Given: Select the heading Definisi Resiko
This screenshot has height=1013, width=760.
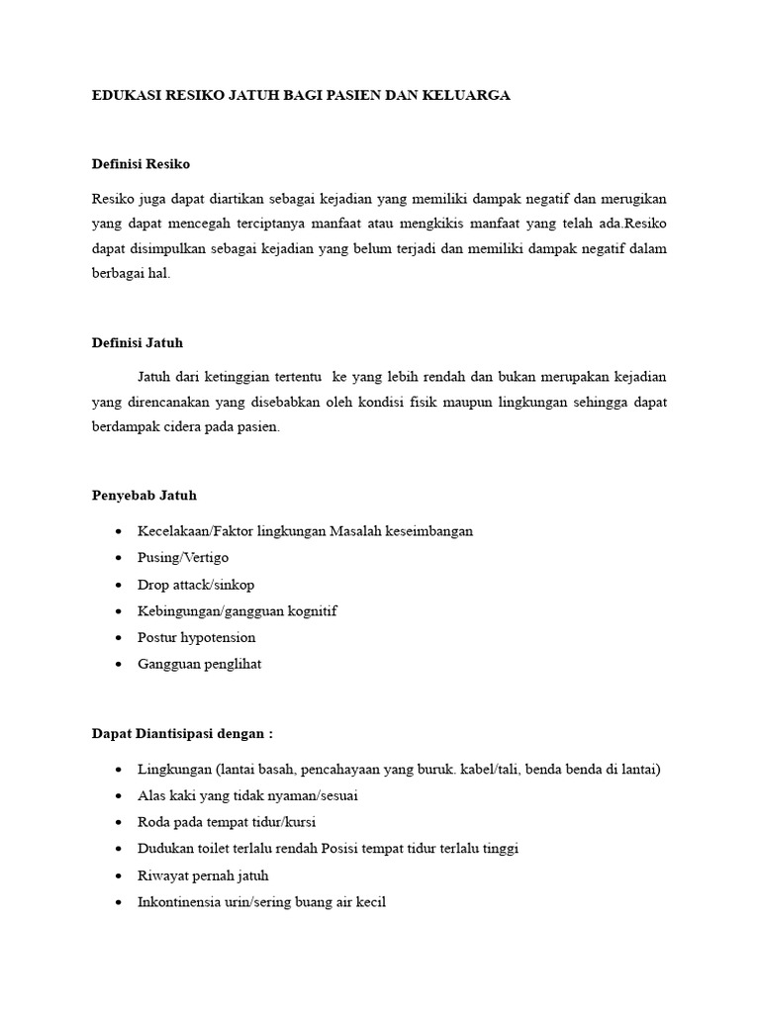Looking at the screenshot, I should coord(141,163).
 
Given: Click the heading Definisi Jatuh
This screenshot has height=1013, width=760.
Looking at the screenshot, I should coord(138,342).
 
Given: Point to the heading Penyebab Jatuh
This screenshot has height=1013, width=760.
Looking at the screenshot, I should coord(143,495).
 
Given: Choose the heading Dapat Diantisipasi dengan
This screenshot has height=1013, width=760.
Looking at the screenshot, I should coord(181,733).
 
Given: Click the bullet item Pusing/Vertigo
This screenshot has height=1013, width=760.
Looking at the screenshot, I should coord(183,558).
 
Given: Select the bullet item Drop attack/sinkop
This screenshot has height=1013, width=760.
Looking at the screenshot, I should coord(196,585).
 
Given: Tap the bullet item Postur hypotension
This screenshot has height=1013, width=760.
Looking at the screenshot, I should coord(197,638).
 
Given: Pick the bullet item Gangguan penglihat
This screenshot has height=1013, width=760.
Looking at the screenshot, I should coord(200,665).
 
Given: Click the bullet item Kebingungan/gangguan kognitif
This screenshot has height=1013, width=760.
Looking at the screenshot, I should coord(237,611).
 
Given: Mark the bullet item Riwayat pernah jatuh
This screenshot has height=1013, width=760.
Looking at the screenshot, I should coord(203,875).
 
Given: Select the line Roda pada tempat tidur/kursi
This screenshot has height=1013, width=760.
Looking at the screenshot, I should coord(227,822).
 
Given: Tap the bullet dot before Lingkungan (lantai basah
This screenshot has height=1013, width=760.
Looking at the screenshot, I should coord(119,770).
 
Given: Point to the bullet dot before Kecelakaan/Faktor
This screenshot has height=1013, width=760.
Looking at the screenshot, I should coord(119,531).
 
